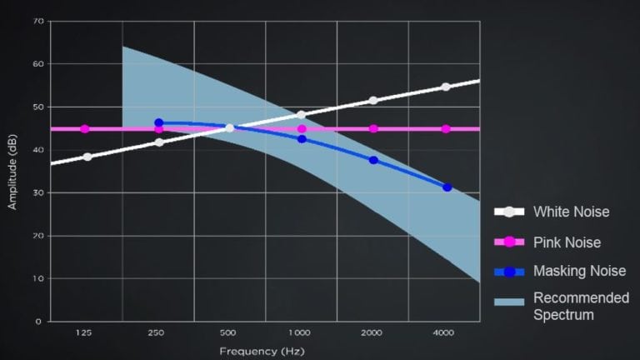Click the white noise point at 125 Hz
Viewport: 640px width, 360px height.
87,157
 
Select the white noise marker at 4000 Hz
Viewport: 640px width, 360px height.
446,87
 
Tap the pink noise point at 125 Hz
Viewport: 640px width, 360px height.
85,129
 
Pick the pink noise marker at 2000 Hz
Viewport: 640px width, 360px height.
373,129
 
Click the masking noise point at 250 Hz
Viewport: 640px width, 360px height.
159,122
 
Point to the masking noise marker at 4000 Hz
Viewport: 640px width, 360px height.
447,187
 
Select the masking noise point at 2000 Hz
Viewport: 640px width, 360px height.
373,160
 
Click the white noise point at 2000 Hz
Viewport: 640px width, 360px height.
373,100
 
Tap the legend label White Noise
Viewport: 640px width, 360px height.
571,212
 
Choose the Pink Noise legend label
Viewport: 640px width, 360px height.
567,242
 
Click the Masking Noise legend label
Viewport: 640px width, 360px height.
579,271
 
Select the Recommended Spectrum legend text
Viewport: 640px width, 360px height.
581,307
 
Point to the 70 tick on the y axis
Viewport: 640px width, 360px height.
38,21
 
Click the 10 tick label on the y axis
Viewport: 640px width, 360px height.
38,278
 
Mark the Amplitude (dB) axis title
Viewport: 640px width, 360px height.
12,172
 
